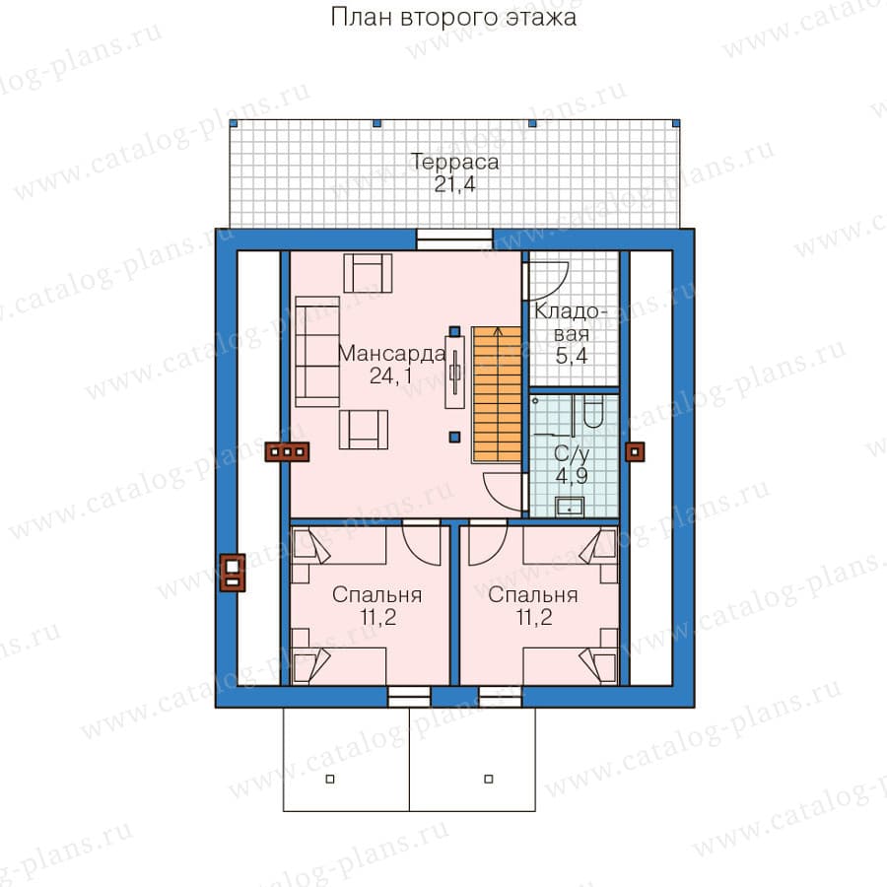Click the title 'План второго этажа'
(453, 17)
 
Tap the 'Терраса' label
(454, 162)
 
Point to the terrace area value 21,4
(454, 184)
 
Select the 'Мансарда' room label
(391, 354)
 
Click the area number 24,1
(391, 375)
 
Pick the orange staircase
(497, 394)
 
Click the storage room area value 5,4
(572, 356)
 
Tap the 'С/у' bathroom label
(572, 453)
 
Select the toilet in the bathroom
(593, 411)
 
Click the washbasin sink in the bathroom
(570, 506)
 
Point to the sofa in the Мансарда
(317, 351)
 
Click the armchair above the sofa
(369, 273)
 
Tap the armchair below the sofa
(364, 430)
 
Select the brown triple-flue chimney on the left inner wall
(288, 451)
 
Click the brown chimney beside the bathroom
(635, 452)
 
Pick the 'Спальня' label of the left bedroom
(376, 595)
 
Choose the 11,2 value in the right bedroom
(534, 617)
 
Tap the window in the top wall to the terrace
(454, 239)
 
